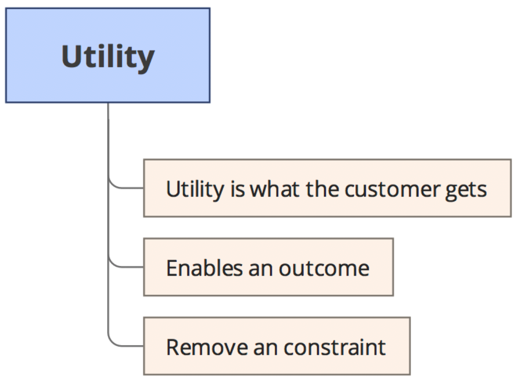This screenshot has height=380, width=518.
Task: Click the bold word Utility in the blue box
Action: point(108,57)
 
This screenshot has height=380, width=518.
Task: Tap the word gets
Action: point(466,190)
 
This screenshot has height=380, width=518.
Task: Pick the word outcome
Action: point(324,269)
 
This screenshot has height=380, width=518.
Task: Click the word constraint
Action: point(335,347)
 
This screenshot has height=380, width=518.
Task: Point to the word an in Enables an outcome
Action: point(261,269)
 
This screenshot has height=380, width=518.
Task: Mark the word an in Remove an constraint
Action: point(266,348)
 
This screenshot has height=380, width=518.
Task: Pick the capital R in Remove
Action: point(173,347)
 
